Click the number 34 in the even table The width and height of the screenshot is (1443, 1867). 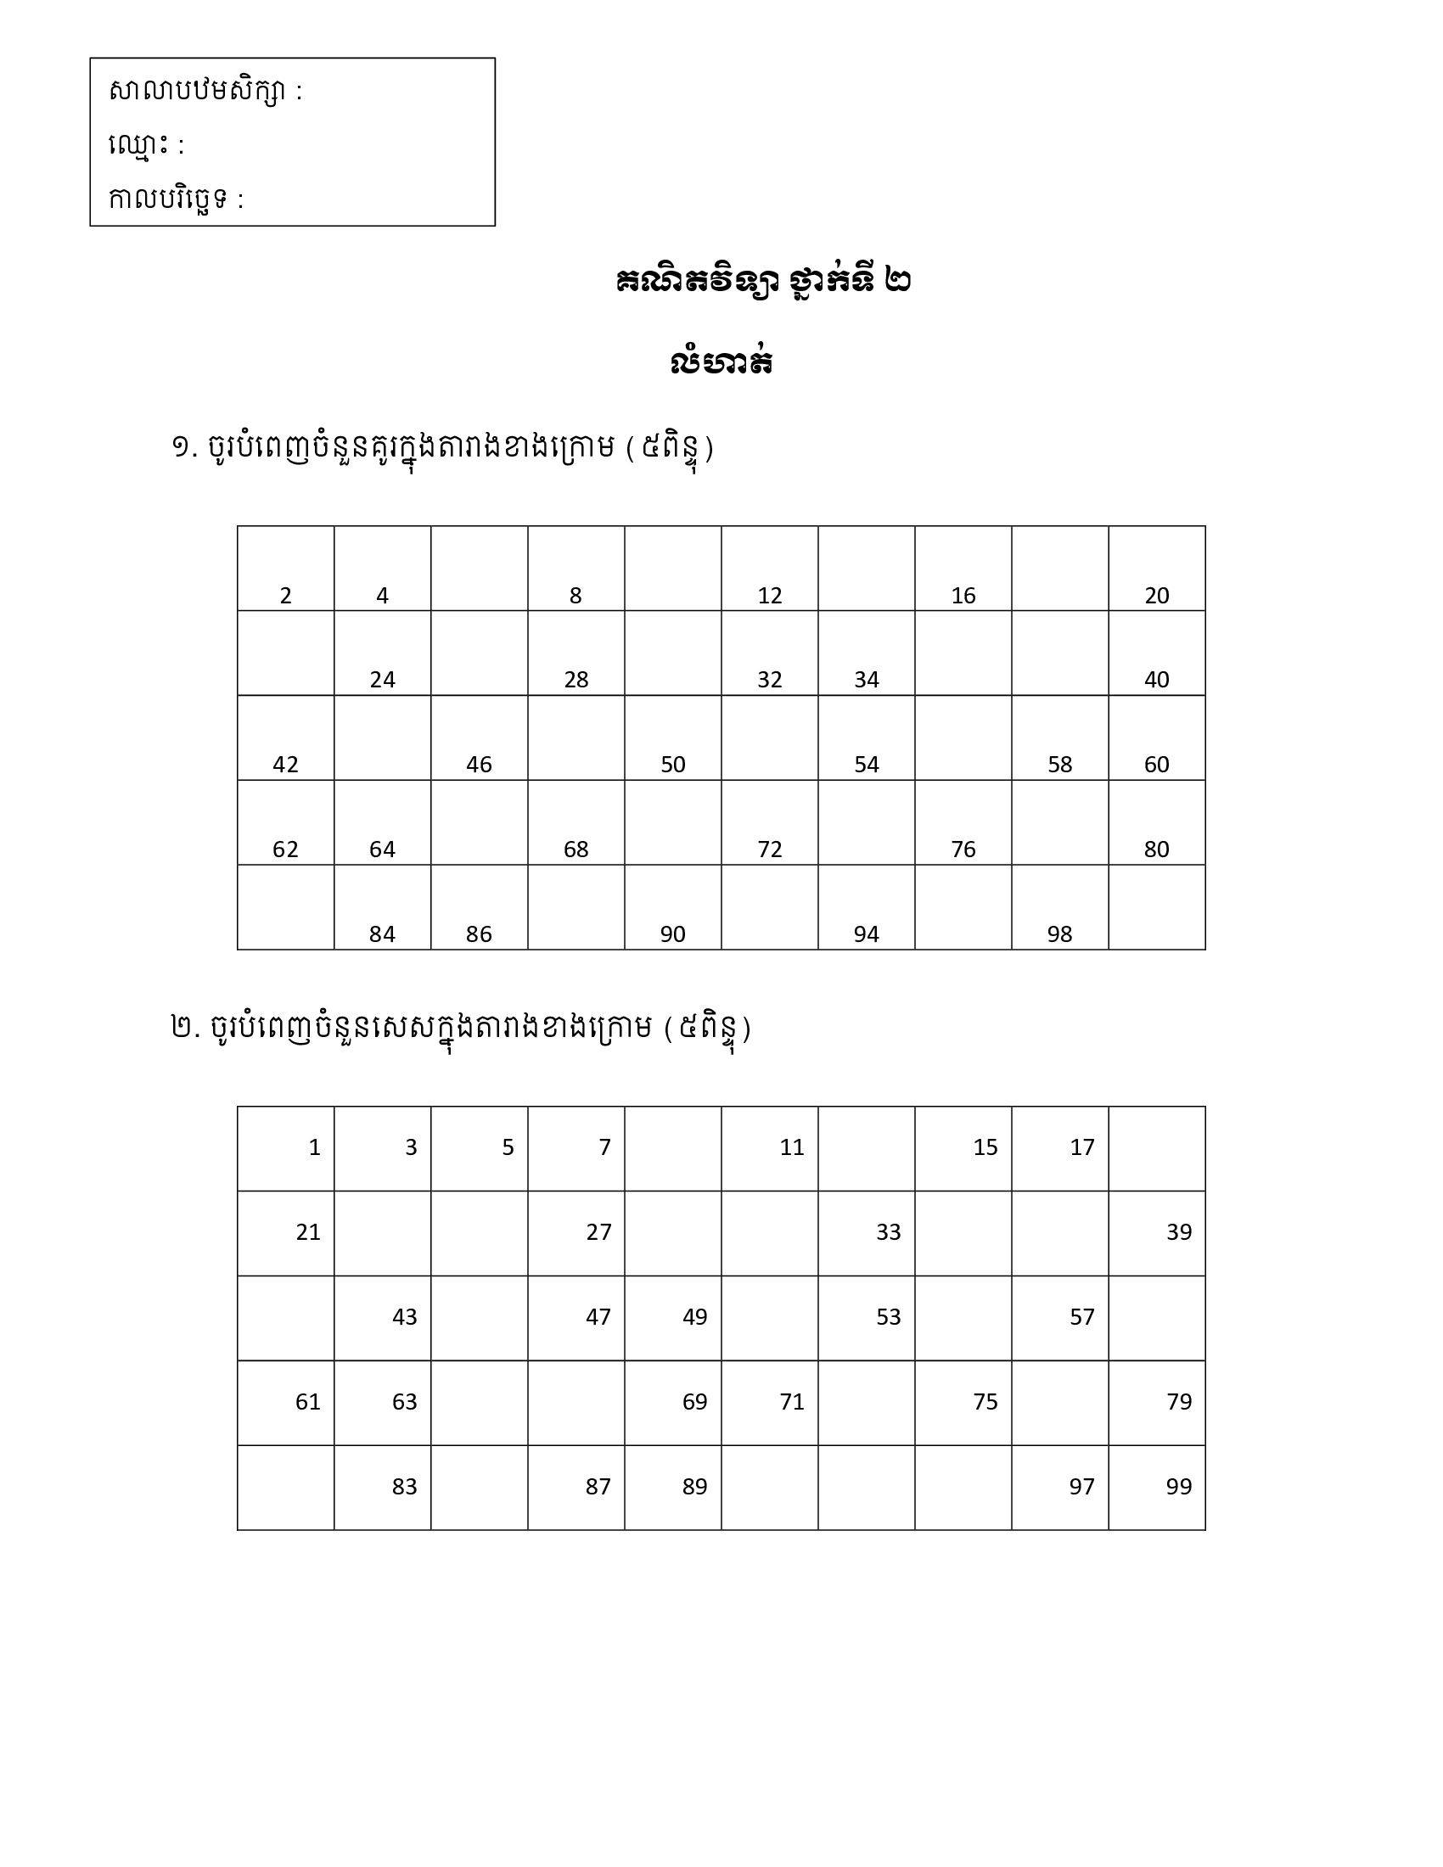pyautogui.click(x=866, y=680)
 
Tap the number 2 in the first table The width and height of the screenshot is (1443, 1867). pyautogui.click(x=285, y=596)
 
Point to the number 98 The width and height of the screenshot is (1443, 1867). pyautogui.click(x=1059, y=934)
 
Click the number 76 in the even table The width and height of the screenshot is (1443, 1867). pyautogui.click(x=963, y=849)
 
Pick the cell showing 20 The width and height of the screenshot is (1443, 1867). pyautogui.click(x=1156, y=596)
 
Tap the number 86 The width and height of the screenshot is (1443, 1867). pyautogui.click(x=479, y=934)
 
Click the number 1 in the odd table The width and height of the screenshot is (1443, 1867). pyautogui.click(x=314, y=1147)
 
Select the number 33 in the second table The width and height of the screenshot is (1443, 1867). pyautogui.click(x=888, y=1232)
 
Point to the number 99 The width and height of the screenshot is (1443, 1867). pyautogui.click(x=1178, y=1487)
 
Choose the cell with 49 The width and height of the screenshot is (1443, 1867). pyautogui.click(x=694, y=1316)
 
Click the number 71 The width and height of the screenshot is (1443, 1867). pyautogui.click(x=792, y=1402)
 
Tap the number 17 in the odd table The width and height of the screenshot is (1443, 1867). pyautogui.click(x=1081, y=1147)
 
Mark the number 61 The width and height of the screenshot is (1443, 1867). pyautogui.click(x=308, y=1402)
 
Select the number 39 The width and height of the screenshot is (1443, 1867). pyautogui.click(x=1178, y=1232)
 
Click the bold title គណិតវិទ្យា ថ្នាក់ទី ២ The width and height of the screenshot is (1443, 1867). pyautogui.click(x=762, y=282)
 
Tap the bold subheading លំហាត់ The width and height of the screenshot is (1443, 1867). pyautogui.click(x=722, y=362)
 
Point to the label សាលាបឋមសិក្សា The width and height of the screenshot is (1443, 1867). pyautogui.click(x=198, y=91)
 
